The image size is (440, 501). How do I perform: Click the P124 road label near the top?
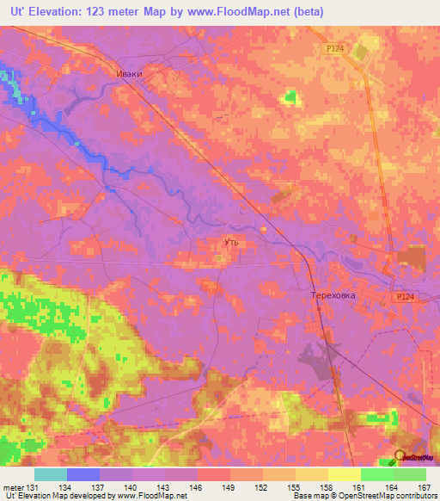point(338,50)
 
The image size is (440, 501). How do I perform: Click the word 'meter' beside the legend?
point(13,486)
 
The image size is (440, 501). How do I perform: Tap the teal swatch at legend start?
point(51,474)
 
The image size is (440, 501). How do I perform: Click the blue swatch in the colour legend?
point(83,474)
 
